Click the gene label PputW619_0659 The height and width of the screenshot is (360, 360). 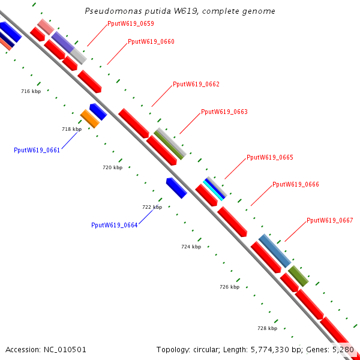tap(130, 24)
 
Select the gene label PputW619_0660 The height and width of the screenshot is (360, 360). tap(151, 42)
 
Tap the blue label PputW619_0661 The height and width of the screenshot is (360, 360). tap(37, 151)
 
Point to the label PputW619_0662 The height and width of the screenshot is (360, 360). tap(196, 84)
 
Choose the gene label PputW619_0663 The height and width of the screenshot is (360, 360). tap(224, 112)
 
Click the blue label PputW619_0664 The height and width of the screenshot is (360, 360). tap(115, 226)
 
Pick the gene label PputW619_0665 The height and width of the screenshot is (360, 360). tap(270, 157)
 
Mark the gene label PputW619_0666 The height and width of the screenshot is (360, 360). tap(296, 185)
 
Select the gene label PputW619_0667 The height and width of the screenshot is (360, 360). tap(330, 220)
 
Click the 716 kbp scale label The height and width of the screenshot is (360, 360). tap(31, 92)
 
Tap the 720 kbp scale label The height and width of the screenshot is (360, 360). tap(112, 168)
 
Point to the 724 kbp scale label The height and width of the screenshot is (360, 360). tap(191, 247)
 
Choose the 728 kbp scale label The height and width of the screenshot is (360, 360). tap(267, 329)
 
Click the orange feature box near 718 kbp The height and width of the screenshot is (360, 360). tap(89, 119)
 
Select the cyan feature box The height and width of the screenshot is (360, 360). tap(214, 189)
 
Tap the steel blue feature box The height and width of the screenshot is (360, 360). tap(275, 250)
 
